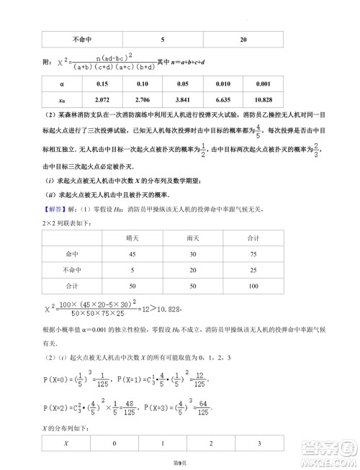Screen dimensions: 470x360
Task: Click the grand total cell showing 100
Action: pyautogui.click(x=253, y=286)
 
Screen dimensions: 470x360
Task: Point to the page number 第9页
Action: pyautogui.click(x=179, y=462)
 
